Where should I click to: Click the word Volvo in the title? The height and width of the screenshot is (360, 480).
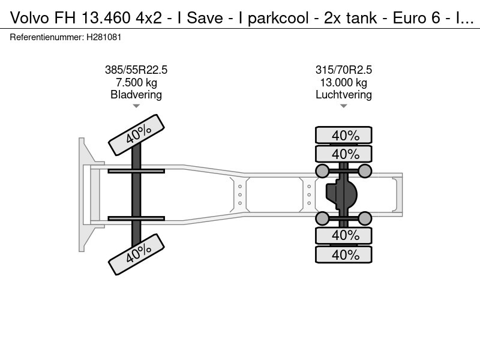[x=29, y=18]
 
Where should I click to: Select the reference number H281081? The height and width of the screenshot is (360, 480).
[x=104, y=37]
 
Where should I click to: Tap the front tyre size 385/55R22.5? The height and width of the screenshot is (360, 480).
[x=136, y=70]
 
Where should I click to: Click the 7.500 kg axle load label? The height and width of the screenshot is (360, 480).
[x=136, y=83]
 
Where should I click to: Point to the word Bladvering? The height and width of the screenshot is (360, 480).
[x=136, y=95]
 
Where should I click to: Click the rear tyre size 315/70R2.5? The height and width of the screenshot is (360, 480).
[x=344, y=70]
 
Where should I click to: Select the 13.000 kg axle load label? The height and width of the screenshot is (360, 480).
[x=344, y=83]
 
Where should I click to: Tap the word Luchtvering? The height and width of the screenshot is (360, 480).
[x=344, y=95]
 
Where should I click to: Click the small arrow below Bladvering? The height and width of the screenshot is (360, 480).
[x=136, y=106]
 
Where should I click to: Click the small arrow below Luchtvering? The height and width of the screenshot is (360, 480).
[x=344, y=106]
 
